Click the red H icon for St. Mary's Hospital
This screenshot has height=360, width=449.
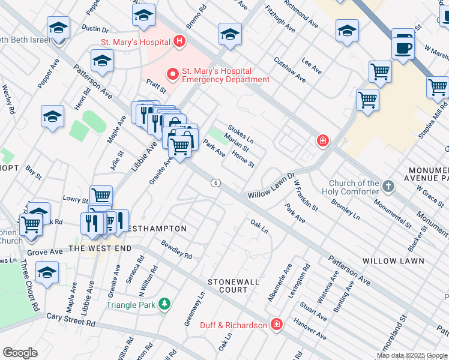coord(179,41)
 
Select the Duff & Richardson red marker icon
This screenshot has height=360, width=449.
coord(276,325)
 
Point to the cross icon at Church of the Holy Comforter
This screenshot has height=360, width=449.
coord(388,186)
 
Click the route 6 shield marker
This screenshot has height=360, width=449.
coord(215,182)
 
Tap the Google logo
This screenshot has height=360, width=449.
coord(20,352)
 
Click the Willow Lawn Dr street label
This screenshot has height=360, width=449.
coord(273,187)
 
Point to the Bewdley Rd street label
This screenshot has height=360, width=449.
coord(176,250)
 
